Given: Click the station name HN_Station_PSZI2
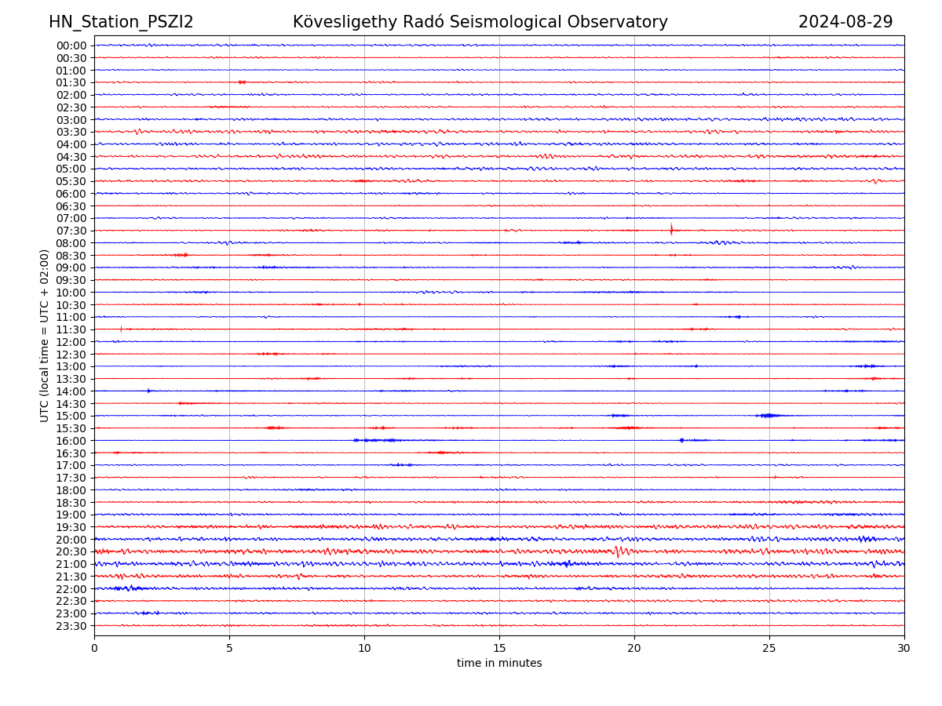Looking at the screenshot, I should point(121,22).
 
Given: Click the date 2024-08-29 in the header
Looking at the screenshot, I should point(845,22).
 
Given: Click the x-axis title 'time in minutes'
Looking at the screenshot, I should point(499,663).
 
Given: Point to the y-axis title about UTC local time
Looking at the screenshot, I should point(45,335).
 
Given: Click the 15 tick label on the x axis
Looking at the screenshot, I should point(499,648).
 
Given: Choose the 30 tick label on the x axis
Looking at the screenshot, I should point(904,648).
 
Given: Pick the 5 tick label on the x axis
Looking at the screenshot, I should point(229,648).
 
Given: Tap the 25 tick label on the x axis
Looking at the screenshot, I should point(769,648).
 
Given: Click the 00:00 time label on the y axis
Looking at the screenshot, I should point(71,45).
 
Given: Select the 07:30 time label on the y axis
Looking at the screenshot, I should point(71,231).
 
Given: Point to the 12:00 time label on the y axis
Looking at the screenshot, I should point(71,342).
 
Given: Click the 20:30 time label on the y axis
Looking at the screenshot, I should point(71,551).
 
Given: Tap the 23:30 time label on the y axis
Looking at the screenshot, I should point(71,626).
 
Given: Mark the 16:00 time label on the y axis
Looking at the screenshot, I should point(71,441).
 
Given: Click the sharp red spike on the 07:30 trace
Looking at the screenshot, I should point(671,230).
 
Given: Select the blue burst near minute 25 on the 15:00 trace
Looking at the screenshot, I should point(769,415).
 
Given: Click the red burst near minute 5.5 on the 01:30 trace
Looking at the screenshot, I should point(242,82).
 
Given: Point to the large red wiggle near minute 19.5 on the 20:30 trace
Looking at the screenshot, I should point(619,551).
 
